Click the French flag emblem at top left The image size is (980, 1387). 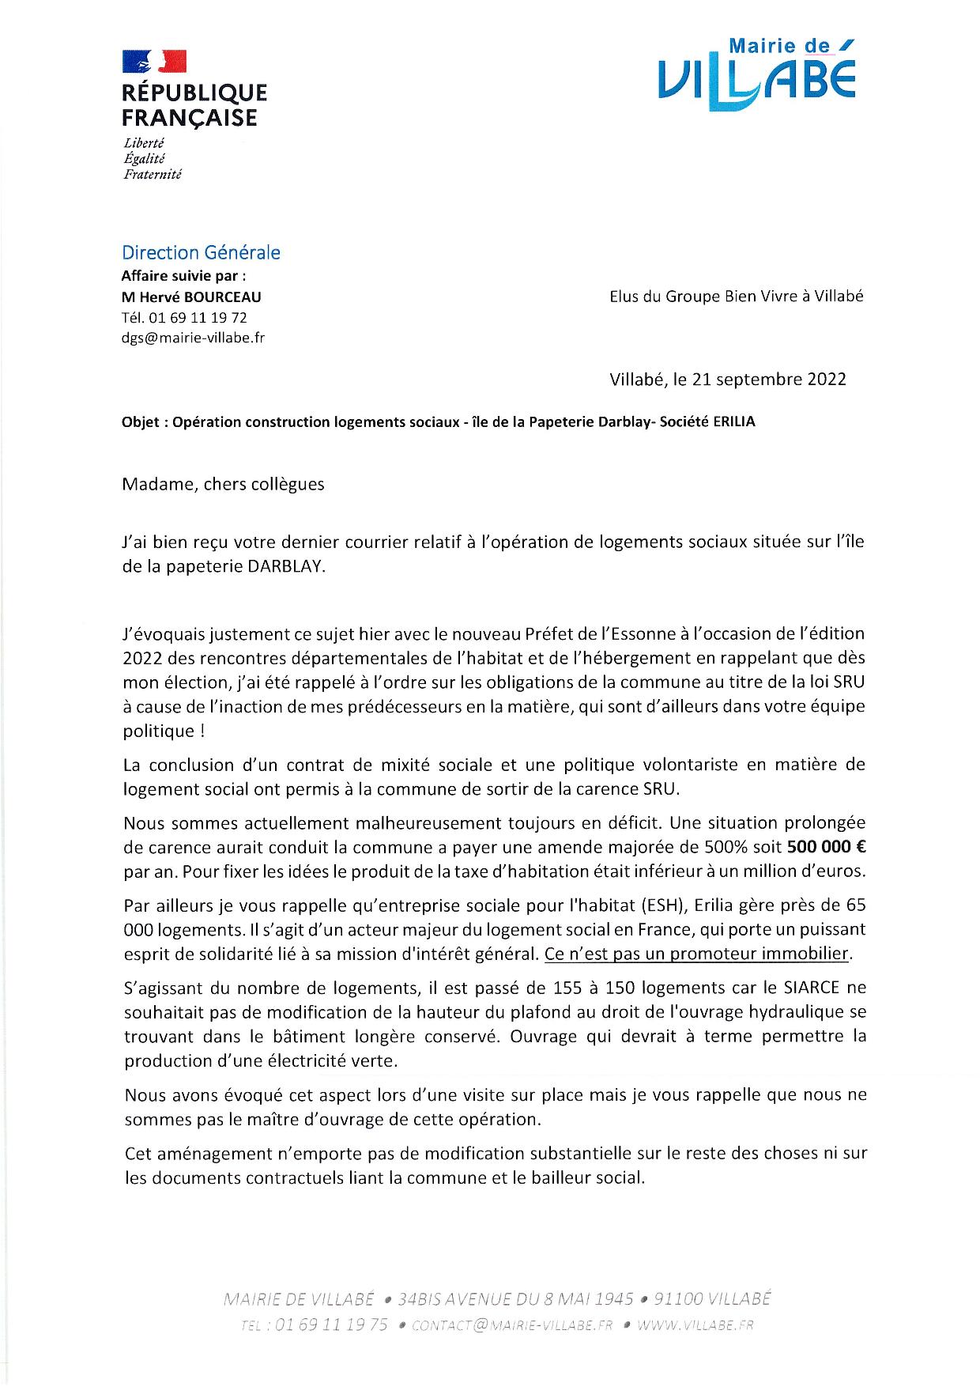154,62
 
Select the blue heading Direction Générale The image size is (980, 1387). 201,253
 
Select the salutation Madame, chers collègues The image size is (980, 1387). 223,485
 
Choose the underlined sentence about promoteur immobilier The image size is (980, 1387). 696,954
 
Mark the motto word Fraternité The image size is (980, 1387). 152,174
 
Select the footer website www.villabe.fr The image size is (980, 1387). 695,1325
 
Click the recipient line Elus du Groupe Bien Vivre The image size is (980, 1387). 737,297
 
